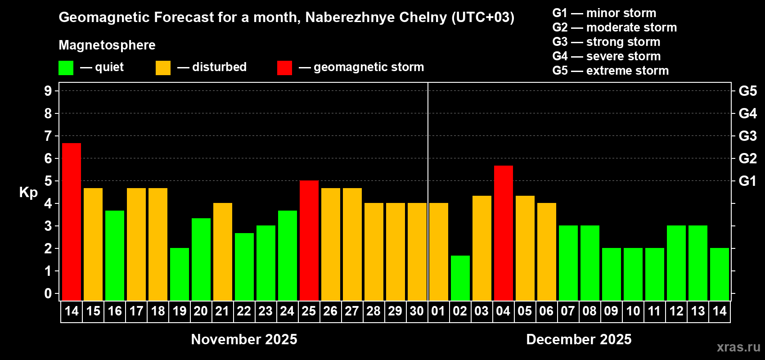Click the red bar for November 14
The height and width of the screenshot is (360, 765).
[72, 221]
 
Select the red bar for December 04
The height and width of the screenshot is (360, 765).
[504, 233]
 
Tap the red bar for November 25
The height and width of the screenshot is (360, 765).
[309, 240]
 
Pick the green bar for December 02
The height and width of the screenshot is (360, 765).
[460, 278]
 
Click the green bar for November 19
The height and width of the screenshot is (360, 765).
[180, 274]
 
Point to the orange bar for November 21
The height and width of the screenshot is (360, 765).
[223, 252]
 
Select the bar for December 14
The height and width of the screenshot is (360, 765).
[720, 274]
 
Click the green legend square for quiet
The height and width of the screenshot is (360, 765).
[66, 68]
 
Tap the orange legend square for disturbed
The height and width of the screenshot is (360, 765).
[163, 68]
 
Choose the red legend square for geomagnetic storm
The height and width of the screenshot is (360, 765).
[284, 68]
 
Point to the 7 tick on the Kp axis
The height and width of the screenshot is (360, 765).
[48, 136]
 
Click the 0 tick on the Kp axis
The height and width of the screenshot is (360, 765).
[48, 293]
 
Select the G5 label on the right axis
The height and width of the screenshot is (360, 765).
[747, 91]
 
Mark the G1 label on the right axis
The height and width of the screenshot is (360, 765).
[747, 181]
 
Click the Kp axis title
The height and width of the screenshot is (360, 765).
[28, 192]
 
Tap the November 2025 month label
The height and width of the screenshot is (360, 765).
[244, 339]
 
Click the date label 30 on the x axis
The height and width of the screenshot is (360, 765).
[417, 311]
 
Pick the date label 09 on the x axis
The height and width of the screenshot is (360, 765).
[611, 311]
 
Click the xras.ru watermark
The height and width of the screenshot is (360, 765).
[738, 347]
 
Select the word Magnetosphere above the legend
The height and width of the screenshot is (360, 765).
[107, 45]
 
